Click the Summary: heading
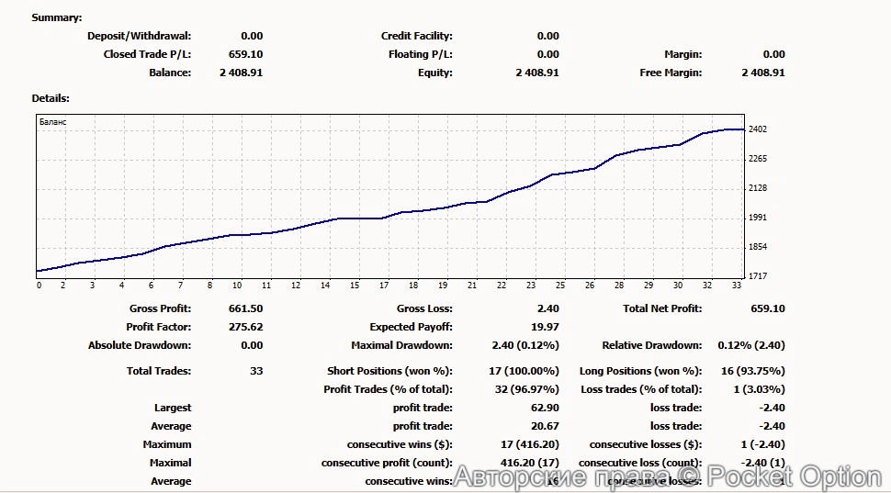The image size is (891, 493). point(56,17)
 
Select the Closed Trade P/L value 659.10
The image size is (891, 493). point(245,54)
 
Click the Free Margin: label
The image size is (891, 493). point(671,73)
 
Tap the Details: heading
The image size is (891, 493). point(51,97)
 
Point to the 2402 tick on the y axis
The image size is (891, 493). point(758,129)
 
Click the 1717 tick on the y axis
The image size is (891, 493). point(758,276)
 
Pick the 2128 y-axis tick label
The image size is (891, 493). point(758,188)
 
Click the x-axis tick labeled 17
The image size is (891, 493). point(384,286)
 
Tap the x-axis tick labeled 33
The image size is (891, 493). point(738,286)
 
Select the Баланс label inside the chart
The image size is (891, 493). point(52,121)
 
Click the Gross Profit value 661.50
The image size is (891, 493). point(245,308)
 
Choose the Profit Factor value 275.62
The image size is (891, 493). point(245,327)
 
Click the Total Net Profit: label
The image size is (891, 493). point(662,308)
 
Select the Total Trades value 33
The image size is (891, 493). point(256,371)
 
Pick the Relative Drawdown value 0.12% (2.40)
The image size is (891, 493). point(751,345)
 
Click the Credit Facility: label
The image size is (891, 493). point(417,36)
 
